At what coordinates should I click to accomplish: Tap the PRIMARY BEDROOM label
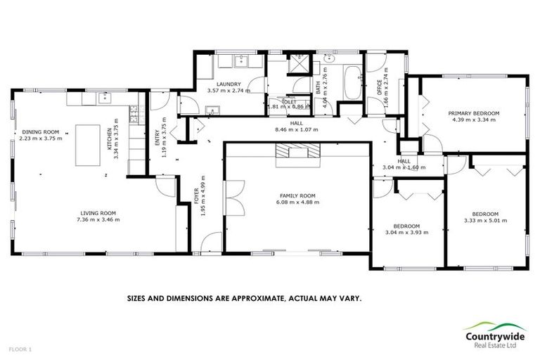pos(474,113)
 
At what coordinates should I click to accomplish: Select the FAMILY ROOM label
pos(297,195)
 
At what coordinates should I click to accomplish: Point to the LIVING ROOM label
pos(98,213)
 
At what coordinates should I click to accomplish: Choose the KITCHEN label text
pos(109,131)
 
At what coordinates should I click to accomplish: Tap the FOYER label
pos(197,198)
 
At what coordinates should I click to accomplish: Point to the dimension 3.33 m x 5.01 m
pos(485,220)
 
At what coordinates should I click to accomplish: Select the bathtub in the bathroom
pos(349,83)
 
